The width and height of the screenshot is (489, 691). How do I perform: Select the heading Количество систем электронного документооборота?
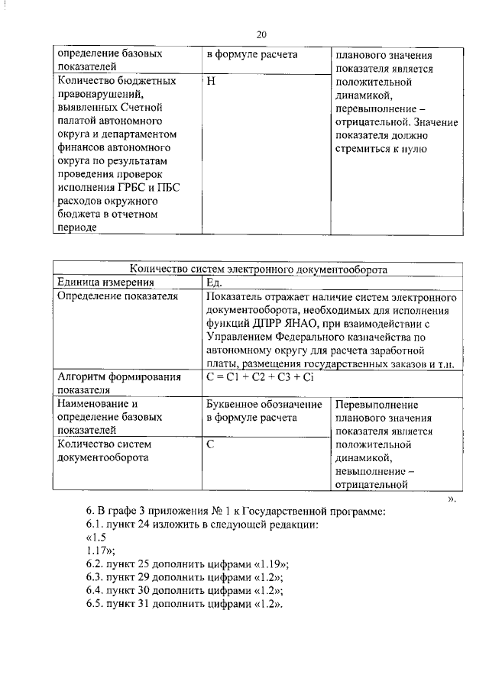[x=258, y=269]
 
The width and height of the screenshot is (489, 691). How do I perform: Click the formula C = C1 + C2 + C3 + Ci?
[x=261, y=377]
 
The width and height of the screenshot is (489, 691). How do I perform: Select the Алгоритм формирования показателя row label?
[x=118, y=383]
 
